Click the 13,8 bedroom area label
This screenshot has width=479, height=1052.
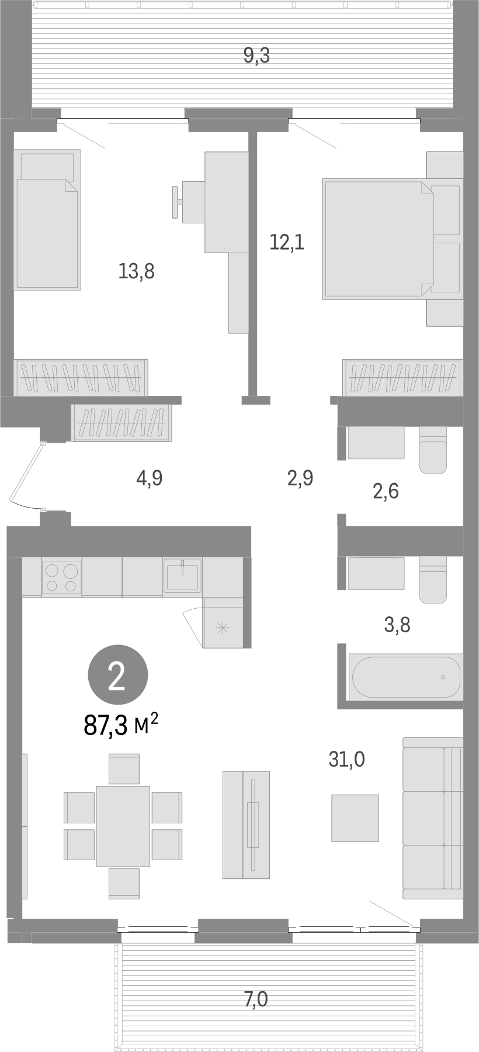[x=136, y=271]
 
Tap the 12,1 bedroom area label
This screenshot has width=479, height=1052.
[x=287, y=242]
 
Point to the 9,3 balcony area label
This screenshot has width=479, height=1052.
[x=256, y=56]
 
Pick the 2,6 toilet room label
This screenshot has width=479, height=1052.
[x=386, y=491]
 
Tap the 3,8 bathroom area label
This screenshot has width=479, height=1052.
[x=397, y=626]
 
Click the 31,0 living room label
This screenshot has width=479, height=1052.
[x=346, y=759]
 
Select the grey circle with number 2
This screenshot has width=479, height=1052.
[x=117, y=675]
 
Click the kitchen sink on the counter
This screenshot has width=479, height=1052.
[x=182, y=575]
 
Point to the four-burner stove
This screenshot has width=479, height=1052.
[x=61, y=577]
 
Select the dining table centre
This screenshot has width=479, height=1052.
[x=123, y=826]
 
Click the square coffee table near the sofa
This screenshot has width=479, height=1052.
[x=355, y=818]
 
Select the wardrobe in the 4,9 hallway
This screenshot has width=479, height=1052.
[x=122, y=422]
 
